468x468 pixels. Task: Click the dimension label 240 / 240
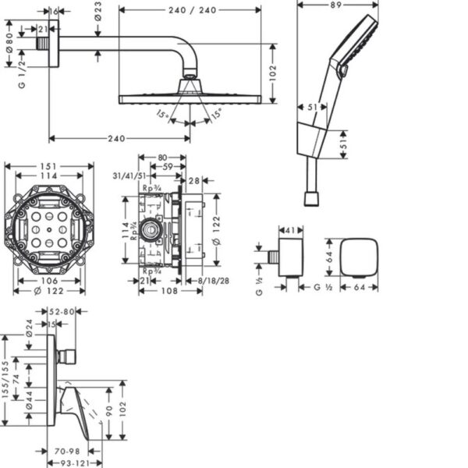(x=191, y=10)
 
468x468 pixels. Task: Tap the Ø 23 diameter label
(x=97, y=10)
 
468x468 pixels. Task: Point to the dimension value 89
(x=338, y=5)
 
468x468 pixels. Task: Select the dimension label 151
(x=49, y=165)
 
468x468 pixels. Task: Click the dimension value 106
(x=49, y=281)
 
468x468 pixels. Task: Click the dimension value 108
(x=162, y=290)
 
